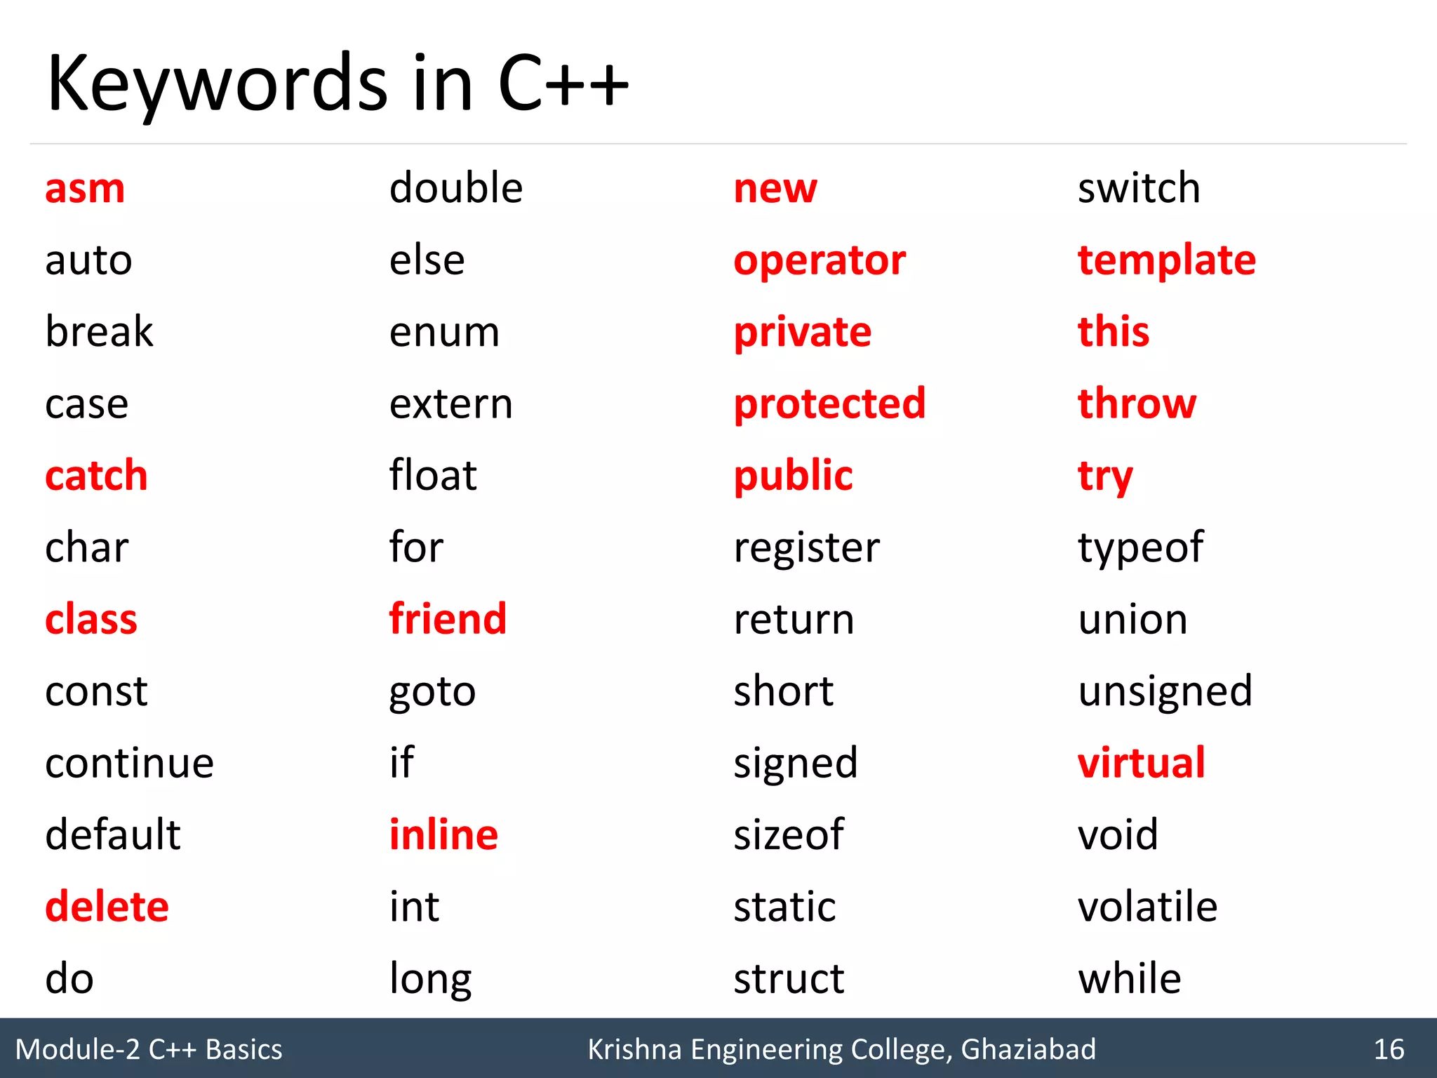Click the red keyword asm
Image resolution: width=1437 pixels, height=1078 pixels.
tap(85, 189)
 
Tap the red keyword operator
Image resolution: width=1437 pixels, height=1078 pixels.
tap(820, 261)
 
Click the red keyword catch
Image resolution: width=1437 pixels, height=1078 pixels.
tap(96, 476)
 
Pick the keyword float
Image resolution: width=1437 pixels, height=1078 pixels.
tap(433, 475)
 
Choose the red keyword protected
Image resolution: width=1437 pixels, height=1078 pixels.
tap(829, 404)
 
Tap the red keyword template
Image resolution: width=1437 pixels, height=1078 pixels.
tap(1166, 261)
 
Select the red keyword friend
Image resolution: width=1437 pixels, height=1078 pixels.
tap(448, 619)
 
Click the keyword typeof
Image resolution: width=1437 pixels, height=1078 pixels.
tap(1141, 548)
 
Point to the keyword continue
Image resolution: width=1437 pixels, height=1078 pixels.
tap(129, 763)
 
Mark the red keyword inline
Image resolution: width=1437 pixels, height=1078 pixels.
tap(443, 835)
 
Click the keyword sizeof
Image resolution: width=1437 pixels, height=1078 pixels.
tap(789, 835)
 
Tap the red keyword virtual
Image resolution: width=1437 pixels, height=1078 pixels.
tap(1141, 763)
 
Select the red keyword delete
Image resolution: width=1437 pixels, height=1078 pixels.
tap(107, 907)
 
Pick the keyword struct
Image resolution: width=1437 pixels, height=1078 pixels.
tap(789, 979)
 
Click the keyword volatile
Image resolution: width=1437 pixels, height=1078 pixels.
tap(1147, 907)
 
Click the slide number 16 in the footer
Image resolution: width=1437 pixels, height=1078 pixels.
tap(1389, 1049)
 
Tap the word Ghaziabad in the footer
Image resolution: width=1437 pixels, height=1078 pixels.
tap(1028, 1049)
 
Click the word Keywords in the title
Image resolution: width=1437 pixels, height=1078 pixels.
tap(217, 84)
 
